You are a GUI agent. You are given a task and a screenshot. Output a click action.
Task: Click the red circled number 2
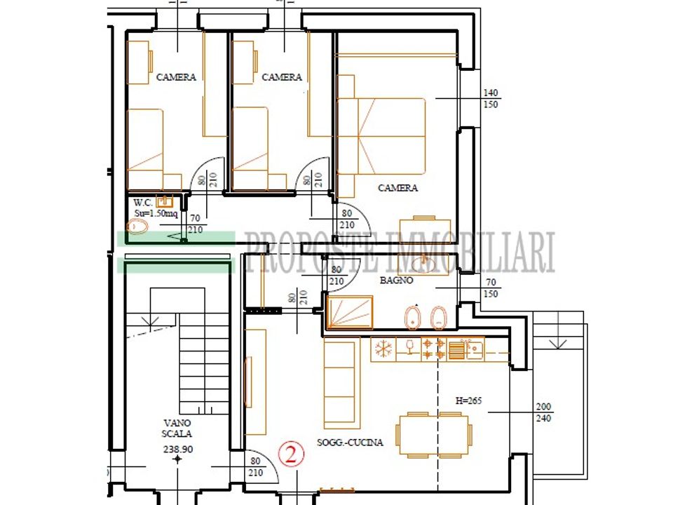click(x=291, y=454)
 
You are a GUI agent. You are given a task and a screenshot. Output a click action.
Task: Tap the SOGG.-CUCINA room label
click(x=350, y=443)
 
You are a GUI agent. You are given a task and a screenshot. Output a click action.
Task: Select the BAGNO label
click(x=397, y=281)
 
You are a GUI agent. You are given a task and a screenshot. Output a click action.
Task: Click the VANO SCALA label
click(x=177, y=428)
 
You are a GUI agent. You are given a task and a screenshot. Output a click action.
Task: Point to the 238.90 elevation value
click(x=177, y=450)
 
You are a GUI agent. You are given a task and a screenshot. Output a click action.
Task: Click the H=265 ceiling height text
click(x=468, y=400)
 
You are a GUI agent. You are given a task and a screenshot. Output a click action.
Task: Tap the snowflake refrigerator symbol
click(x=383, y=349)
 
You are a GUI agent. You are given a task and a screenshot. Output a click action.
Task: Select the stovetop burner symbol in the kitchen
click(x=433, y=349)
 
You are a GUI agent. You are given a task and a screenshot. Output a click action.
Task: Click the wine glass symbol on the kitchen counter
click(x=410, y=346)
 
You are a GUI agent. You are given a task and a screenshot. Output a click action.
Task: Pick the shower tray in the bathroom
click(x=350, y=312)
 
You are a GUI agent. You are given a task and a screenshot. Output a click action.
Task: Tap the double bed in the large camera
click(x=381, y=136)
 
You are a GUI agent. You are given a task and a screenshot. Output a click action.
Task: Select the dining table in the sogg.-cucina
click(x=433, y=434)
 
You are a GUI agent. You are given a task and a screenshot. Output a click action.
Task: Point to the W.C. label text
click(x=143, y=203)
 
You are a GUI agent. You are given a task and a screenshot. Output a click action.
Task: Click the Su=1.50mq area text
click(x=156, y=213)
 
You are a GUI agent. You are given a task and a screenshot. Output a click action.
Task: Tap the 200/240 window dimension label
click(x=543, y=412)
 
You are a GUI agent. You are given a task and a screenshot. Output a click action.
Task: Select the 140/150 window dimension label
click(x=491, y=98)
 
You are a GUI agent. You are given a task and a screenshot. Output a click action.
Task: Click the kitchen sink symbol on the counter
click(x=473, y=349)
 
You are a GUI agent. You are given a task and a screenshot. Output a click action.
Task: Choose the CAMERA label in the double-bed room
click(x=397, y=188)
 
